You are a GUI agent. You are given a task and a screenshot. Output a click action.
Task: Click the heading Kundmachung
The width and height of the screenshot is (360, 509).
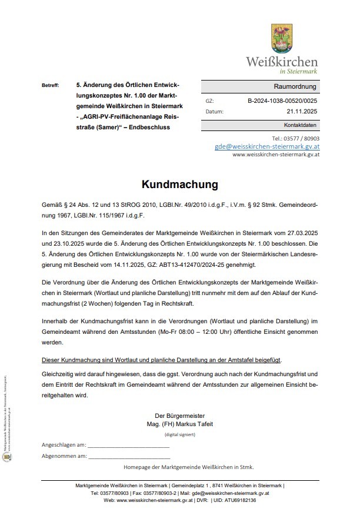179,184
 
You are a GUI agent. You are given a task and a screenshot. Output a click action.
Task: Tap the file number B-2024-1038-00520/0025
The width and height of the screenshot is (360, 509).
282,101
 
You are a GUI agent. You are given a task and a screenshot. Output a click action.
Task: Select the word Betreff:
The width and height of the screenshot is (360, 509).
51,86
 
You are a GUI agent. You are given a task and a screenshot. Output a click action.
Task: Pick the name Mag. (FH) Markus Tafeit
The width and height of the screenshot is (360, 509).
179,423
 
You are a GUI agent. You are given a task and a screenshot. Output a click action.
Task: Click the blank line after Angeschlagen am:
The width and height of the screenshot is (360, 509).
129,446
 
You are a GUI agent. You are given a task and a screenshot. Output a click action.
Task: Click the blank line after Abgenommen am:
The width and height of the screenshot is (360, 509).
129,457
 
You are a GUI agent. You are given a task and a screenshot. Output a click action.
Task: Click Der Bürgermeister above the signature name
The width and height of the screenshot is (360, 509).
179,416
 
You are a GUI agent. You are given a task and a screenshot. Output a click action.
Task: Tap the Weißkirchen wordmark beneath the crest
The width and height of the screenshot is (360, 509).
282,62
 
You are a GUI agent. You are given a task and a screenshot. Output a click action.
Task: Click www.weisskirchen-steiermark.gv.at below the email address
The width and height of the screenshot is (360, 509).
276,155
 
